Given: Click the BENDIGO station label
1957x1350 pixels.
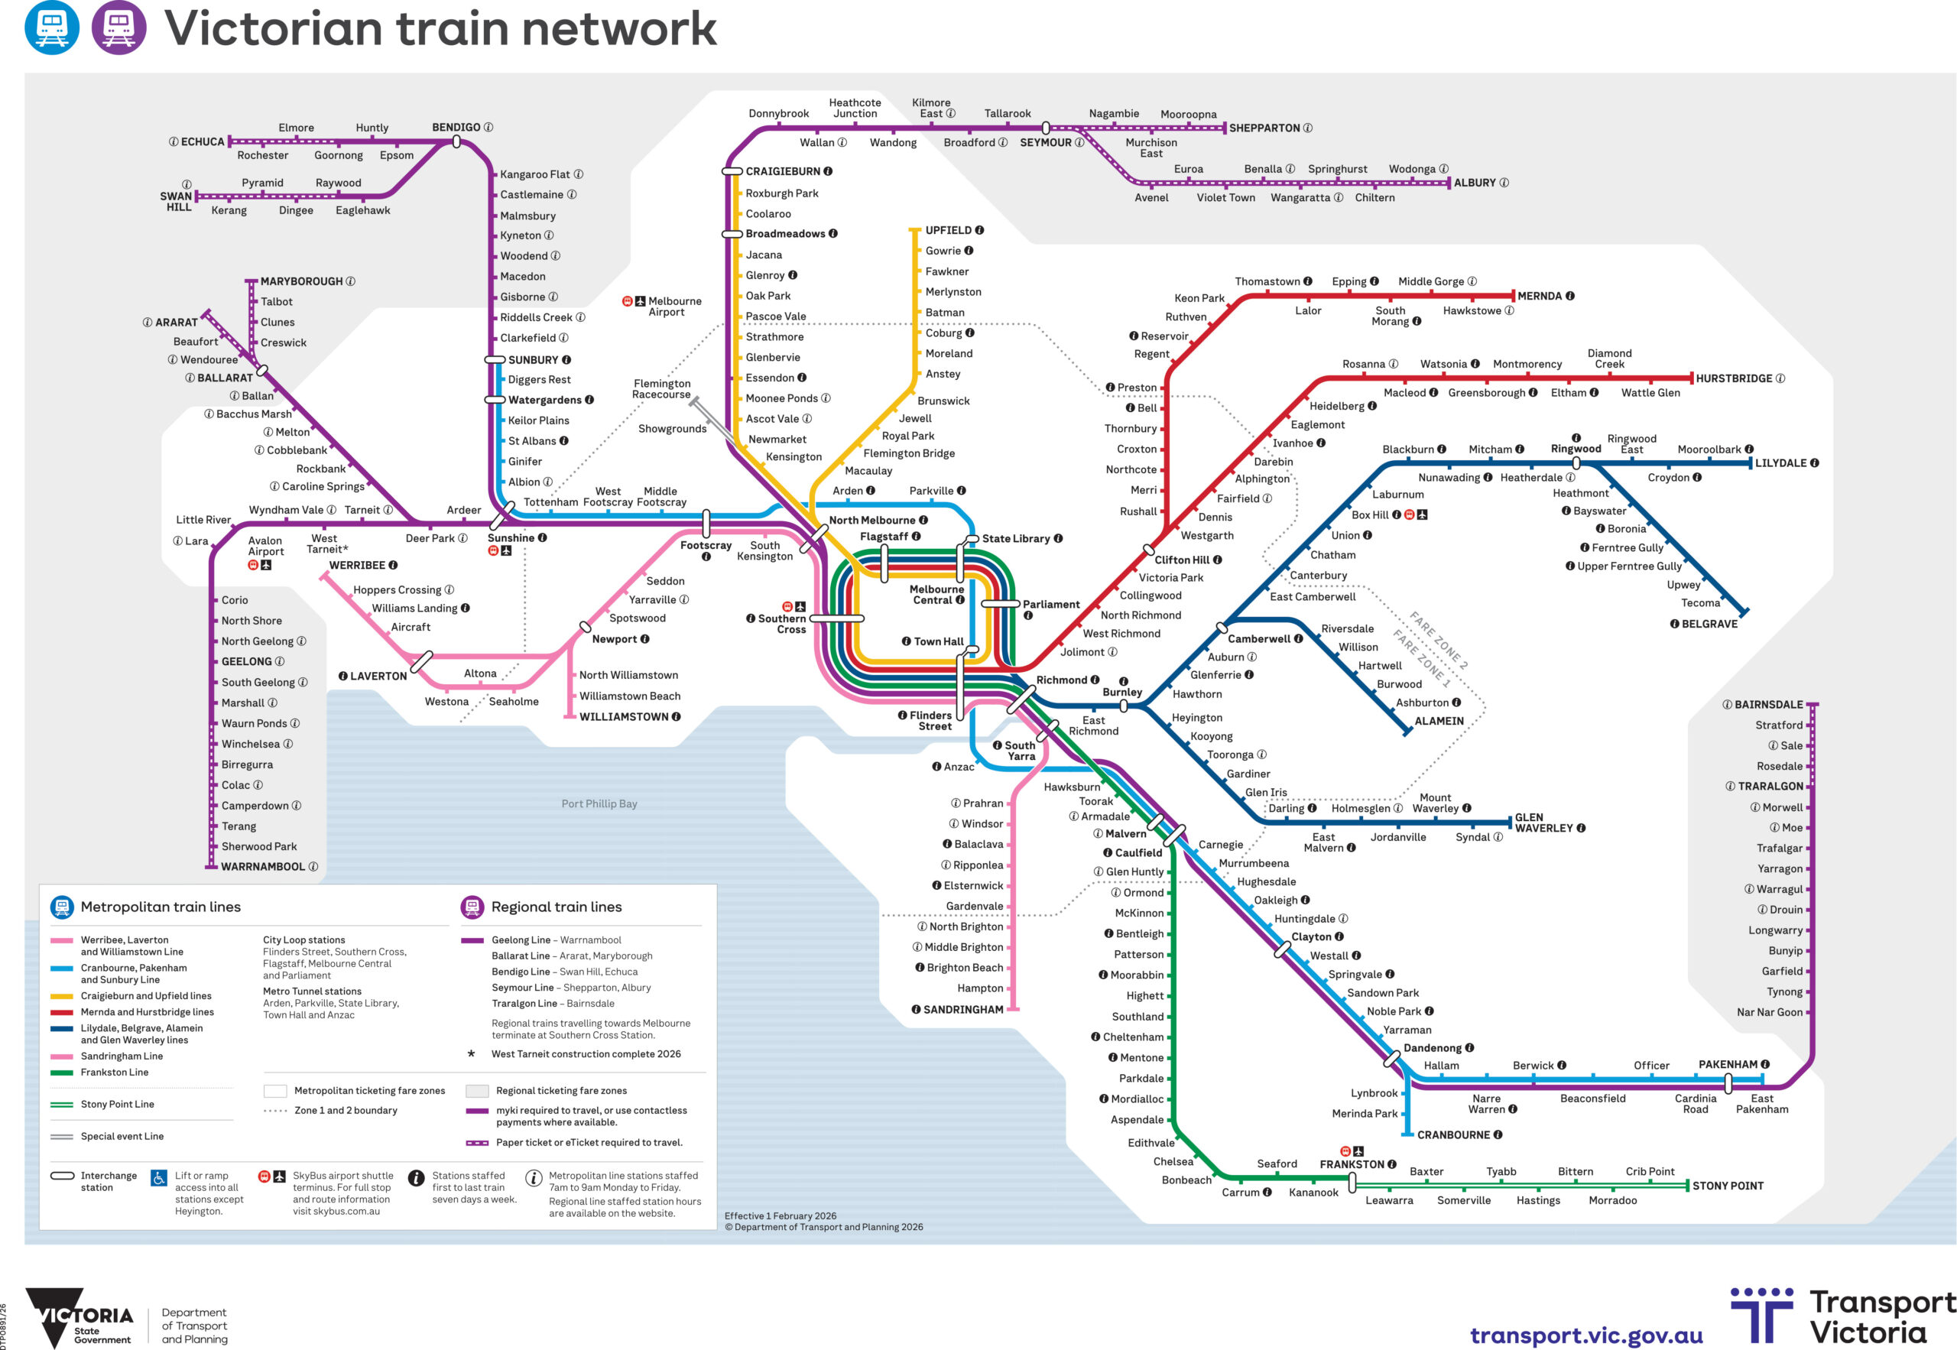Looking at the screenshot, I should coord(456,128).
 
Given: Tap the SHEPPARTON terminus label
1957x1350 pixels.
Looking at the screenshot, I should coord(1264,128).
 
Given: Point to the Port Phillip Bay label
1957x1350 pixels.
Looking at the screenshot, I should coord(599,803).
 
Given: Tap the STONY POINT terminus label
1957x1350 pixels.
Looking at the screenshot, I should coord(1727,1186).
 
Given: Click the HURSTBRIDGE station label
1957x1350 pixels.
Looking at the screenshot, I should coord(1733,379).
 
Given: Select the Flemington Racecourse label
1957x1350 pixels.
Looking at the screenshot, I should coord(661,389).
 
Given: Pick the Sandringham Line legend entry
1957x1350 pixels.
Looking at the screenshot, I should coord(121,1056).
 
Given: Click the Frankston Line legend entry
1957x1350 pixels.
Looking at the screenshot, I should coord(114,1073).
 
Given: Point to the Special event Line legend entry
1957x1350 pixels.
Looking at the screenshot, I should coord(122,1137).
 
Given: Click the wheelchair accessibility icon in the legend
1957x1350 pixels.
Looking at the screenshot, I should coord(159,1177).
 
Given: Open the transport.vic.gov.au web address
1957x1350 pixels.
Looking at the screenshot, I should coord(1585,1335).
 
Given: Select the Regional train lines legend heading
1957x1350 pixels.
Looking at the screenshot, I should coord(556,907).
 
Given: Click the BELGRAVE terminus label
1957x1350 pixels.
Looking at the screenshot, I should coord(1709,625).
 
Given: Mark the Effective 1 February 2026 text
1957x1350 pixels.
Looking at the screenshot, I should coord(780,1216).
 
